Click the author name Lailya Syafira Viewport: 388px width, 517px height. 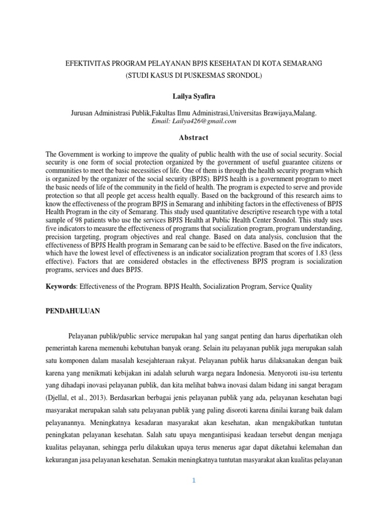coord(193,95)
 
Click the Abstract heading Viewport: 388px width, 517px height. coord(193,137)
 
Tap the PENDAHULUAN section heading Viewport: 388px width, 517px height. coord(73,312)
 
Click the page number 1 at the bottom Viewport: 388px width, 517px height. coord(193,481)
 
